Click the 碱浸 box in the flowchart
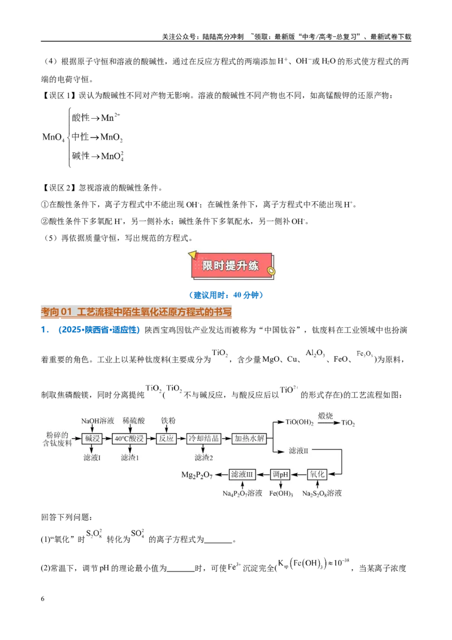(92, 439)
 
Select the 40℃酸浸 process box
(129, 439)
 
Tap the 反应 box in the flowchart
(166, 439)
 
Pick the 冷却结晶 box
(203, 439)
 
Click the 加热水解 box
(249, 439)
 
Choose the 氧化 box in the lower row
(317, 474)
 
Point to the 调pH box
(280, 474)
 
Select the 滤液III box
(242, 474)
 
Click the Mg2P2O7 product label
(197, 475)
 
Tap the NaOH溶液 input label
(98, 421)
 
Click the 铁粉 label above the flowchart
(168, 421)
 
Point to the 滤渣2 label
(203, 457)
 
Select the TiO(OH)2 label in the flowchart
(299, 422)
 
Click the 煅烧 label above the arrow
(325, 416)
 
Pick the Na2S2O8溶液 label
(322, 494)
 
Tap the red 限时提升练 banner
(232, 266)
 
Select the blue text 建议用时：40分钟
(226, 295)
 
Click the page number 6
(42, 599)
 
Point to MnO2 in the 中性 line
(111, 137)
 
